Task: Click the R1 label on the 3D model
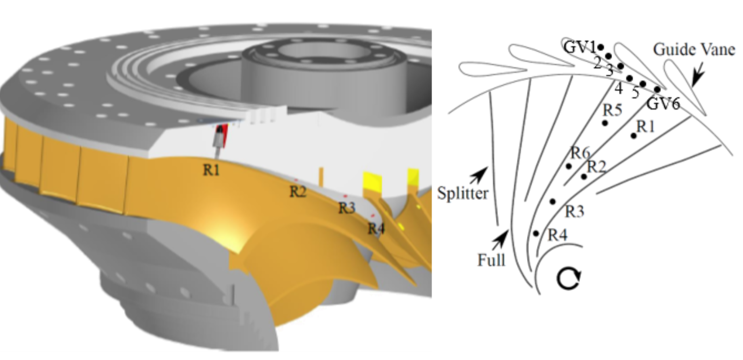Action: click(x=212, y=170)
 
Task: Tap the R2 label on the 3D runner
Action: click(x=298, y=191)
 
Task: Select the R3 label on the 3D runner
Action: click(x=346, y=208)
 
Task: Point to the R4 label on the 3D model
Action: click(x=376, y=229)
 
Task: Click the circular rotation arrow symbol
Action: click(x=569, y=279)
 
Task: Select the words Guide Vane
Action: click(x=693, y=50)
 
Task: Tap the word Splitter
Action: click(x=463, y=193)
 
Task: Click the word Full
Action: click(x=491, y=260)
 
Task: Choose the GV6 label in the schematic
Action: click(x=663, y=104)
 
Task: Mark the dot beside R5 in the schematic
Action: click(x=604, y=123)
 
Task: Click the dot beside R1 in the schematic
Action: click(x=634, y=136)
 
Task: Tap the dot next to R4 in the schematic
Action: click(x=536, y=233)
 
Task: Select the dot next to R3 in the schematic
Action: click(x=552, y=201)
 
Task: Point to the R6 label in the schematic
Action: click(x=580, y=153)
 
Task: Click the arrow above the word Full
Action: click(x=500, y=239)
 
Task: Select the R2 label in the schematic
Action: click(x=596, y=166)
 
